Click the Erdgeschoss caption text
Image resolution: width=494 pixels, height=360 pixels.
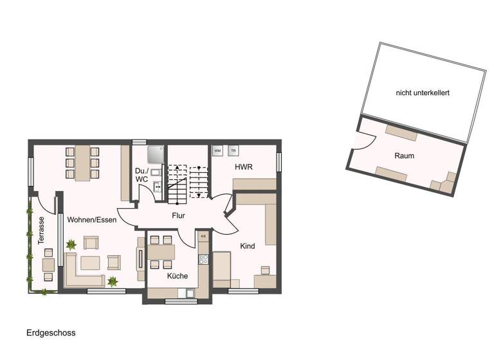[51, 333]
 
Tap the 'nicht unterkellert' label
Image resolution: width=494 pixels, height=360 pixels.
[423, 93]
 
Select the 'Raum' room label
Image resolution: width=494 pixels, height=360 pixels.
[405, 156]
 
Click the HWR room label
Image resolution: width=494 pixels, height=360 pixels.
[244, 166]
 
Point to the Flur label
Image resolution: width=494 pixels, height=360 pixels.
[178, 215]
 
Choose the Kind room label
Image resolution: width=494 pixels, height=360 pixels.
[248, 246]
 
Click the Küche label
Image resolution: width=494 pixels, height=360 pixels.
[178, 276]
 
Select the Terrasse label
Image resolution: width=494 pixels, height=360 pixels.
[41, 230]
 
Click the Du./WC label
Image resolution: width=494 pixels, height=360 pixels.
[142, 175]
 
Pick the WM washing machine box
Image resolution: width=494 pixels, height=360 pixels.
[217, 150]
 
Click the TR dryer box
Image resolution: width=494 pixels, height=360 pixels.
[233, 150]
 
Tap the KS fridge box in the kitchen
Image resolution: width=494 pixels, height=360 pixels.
[203, 237]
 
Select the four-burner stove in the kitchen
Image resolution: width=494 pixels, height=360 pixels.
[203, 260]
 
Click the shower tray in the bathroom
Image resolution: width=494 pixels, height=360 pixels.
[155, 154]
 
